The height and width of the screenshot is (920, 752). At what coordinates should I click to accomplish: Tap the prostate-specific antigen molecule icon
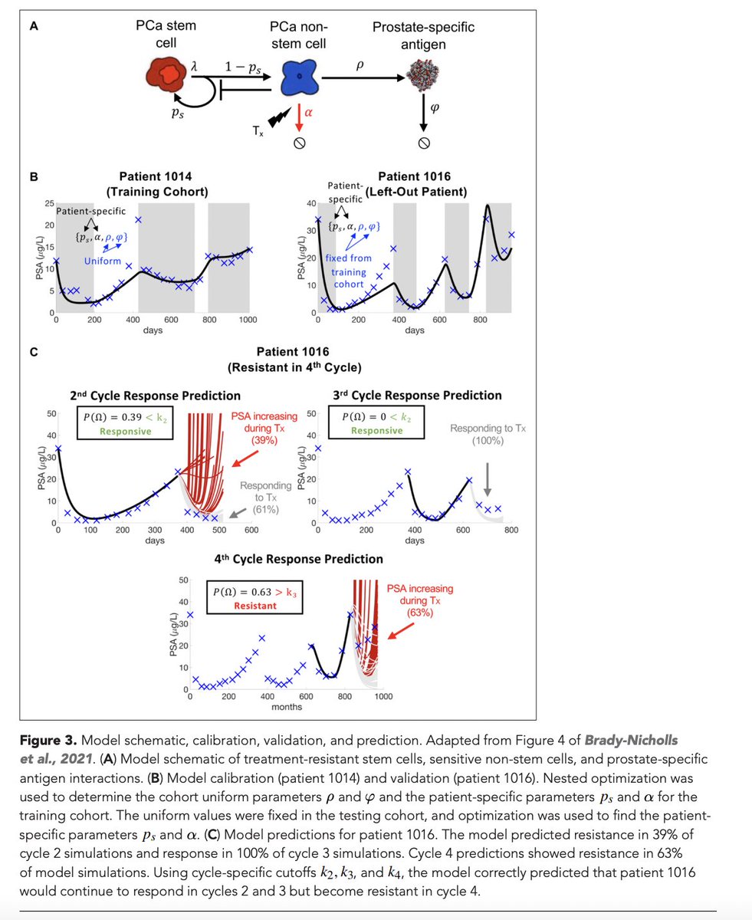coord(423,77)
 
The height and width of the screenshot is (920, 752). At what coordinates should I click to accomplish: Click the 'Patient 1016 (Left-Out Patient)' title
coord(419,185)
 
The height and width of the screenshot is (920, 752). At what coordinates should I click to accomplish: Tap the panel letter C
coord(34,353)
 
